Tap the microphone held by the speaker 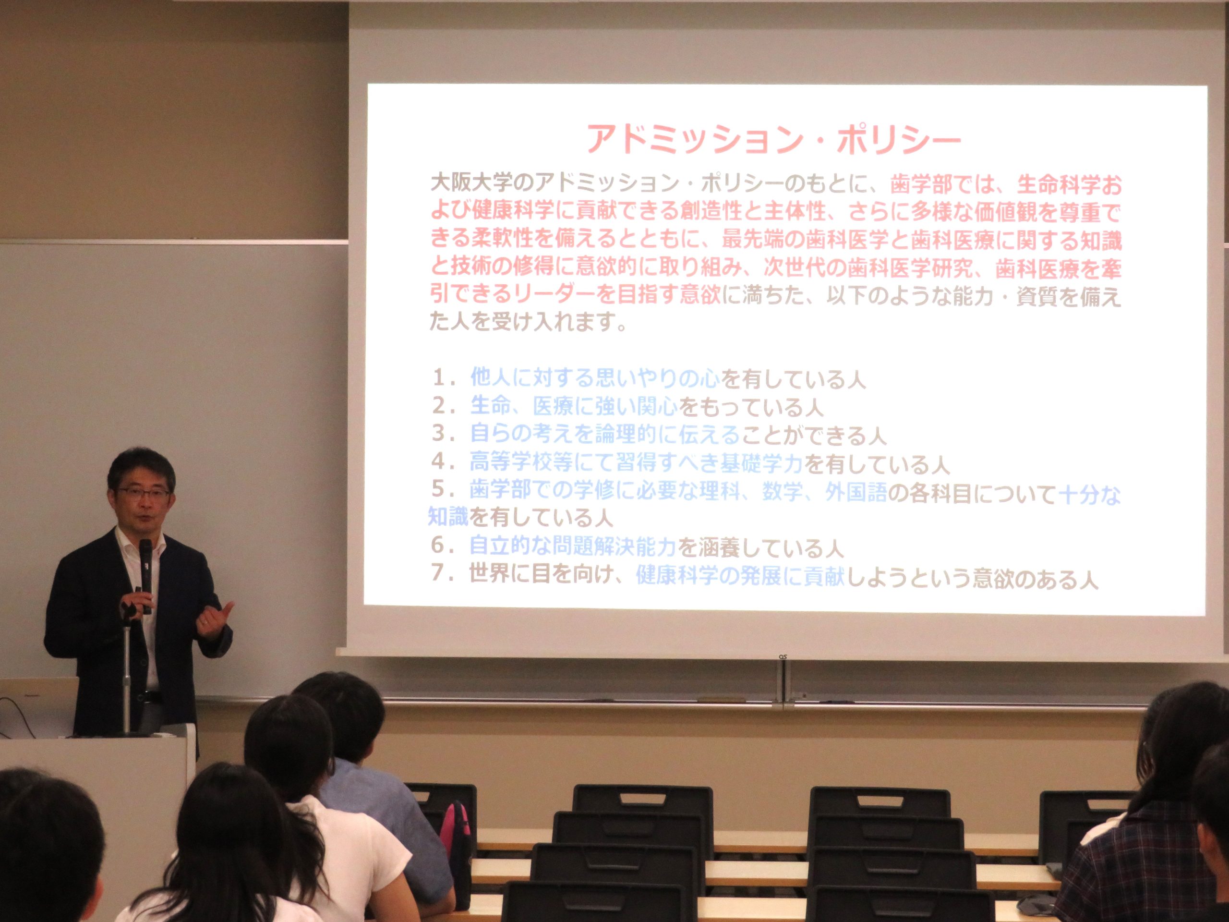[x=146, y=576]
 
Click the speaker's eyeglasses [x=144, y=493]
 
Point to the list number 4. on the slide [x=446, y=462]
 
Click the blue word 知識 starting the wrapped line [x=448, y=517]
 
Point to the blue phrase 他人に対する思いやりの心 [x=595, y=379]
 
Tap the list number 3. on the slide [x=446, y=434]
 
